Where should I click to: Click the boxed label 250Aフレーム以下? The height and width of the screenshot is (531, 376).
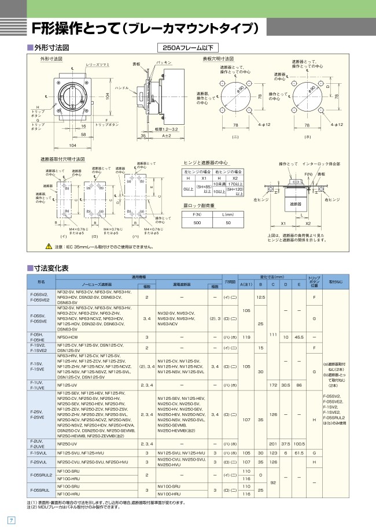(187, 48)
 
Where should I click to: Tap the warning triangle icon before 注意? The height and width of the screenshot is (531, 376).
(49, 247)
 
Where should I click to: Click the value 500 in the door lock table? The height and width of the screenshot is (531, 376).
(197, 222)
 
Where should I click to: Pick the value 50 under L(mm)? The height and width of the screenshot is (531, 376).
(228, 222)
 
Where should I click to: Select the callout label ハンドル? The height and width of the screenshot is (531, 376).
(121, 88)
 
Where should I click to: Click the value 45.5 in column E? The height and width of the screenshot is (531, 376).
(298, 336)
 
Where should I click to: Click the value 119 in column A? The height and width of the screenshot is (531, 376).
(246, 336)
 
